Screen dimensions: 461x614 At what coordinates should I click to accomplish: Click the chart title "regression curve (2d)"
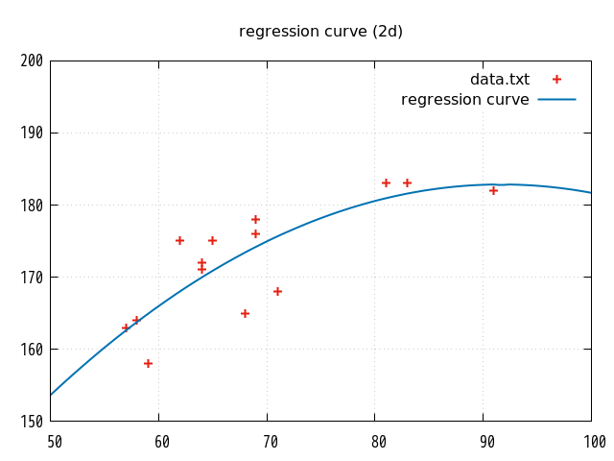point(320,32)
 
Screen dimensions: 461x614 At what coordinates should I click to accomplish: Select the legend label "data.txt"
point(499,80)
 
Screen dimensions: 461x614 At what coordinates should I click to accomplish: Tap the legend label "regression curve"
point(464,100)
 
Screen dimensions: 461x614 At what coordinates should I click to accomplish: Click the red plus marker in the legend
point(556,80)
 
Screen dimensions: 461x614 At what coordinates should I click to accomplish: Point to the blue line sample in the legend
point(556,100)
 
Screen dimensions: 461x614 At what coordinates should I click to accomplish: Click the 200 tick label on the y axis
point(32,61)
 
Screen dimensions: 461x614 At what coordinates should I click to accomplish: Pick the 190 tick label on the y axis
point(32,133)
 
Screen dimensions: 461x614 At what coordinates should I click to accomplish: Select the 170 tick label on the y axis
point(32,277)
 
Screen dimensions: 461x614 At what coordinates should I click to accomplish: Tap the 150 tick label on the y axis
point(32,421)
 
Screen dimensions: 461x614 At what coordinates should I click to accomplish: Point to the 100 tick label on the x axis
point(595,442)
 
